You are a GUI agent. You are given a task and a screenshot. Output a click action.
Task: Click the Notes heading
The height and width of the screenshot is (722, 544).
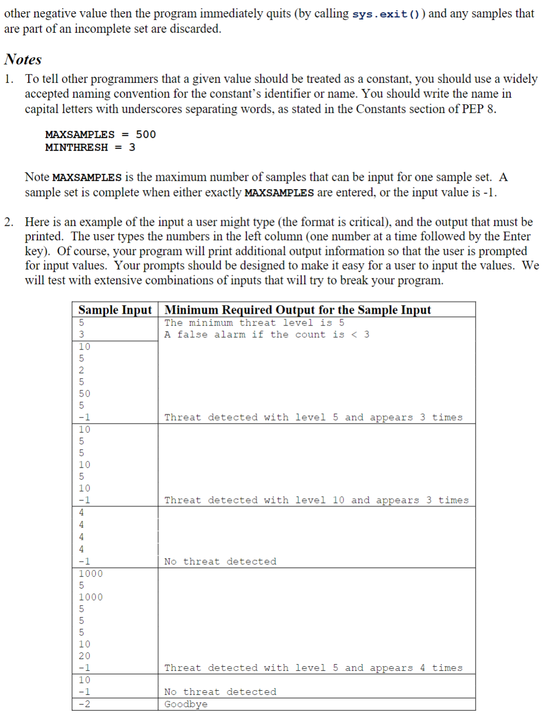23,59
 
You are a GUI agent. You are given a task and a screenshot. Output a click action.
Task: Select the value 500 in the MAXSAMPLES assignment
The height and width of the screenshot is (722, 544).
146,134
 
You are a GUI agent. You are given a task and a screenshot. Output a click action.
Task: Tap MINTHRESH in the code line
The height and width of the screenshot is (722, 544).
76,147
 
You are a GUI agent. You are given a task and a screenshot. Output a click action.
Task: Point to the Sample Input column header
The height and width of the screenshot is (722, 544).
115,310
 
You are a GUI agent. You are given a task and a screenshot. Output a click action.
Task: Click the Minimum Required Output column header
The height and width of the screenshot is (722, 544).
297,310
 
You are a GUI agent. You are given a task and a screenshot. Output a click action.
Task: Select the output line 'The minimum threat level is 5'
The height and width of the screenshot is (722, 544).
254,322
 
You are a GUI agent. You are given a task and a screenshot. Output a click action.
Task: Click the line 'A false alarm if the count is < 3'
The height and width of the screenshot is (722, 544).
267,334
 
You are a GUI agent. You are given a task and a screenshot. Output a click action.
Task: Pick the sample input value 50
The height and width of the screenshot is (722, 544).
84,393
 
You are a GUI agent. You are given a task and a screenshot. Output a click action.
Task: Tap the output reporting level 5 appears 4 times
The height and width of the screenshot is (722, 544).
313,667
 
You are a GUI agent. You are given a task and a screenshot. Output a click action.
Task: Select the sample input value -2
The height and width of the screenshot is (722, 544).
84,704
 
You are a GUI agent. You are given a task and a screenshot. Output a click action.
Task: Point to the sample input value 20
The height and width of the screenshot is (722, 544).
84,656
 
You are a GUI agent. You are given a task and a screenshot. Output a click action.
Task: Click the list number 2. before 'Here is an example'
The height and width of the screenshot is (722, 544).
9,222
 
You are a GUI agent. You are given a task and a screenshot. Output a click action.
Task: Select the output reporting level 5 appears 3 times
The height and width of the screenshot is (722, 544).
313,417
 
